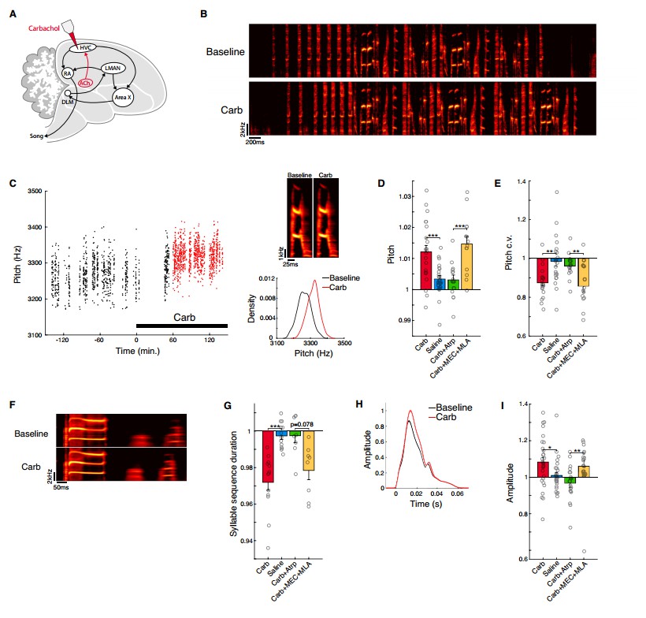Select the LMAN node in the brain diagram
tap(114, 69)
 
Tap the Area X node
tap(122, 98)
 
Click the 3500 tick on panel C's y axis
tap(31, 191)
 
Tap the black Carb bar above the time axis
tap(182, 325)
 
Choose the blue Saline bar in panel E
tap(556, 259)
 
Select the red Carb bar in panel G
tap(269, 456)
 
